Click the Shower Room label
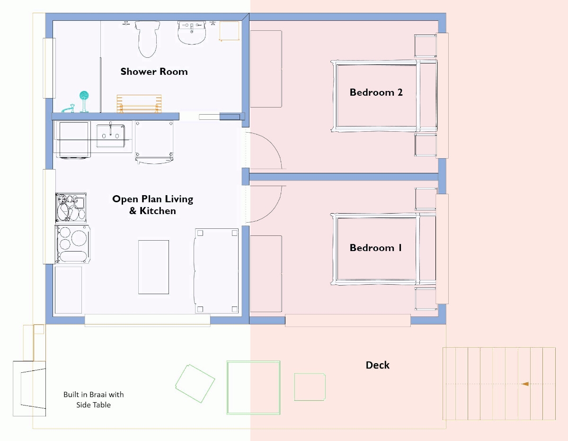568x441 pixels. point(154,72)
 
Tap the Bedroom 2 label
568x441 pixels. point(376,92)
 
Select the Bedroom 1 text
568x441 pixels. point(375,248)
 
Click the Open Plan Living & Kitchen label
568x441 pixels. point(152,205)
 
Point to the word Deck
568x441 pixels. point(377,365)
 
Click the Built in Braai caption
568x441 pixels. point(93,399)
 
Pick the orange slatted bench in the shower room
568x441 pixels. point(139,104)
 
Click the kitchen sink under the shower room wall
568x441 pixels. point(110,135)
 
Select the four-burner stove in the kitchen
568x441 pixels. point(72,243)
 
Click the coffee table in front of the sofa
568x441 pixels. point(153,267)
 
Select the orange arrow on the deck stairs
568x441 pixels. point(524,384)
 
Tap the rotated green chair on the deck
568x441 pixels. point(195,383)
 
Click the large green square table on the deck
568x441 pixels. point(253,387)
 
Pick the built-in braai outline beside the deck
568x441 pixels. point(29,388)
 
